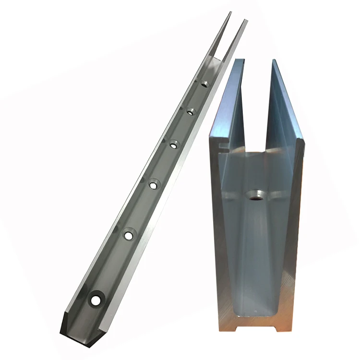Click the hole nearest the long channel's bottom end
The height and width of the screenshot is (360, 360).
[x=96, y=300]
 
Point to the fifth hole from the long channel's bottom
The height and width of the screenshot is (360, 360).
[x=191, y=111]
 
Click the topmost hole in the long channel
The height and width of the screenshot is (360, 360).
[x=205, y=84]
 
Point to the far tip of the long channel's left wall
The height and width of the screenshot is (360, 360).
[x=230, y=13]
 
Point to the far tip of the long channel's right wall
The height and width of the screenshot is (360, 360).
[x=246, y=21]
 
